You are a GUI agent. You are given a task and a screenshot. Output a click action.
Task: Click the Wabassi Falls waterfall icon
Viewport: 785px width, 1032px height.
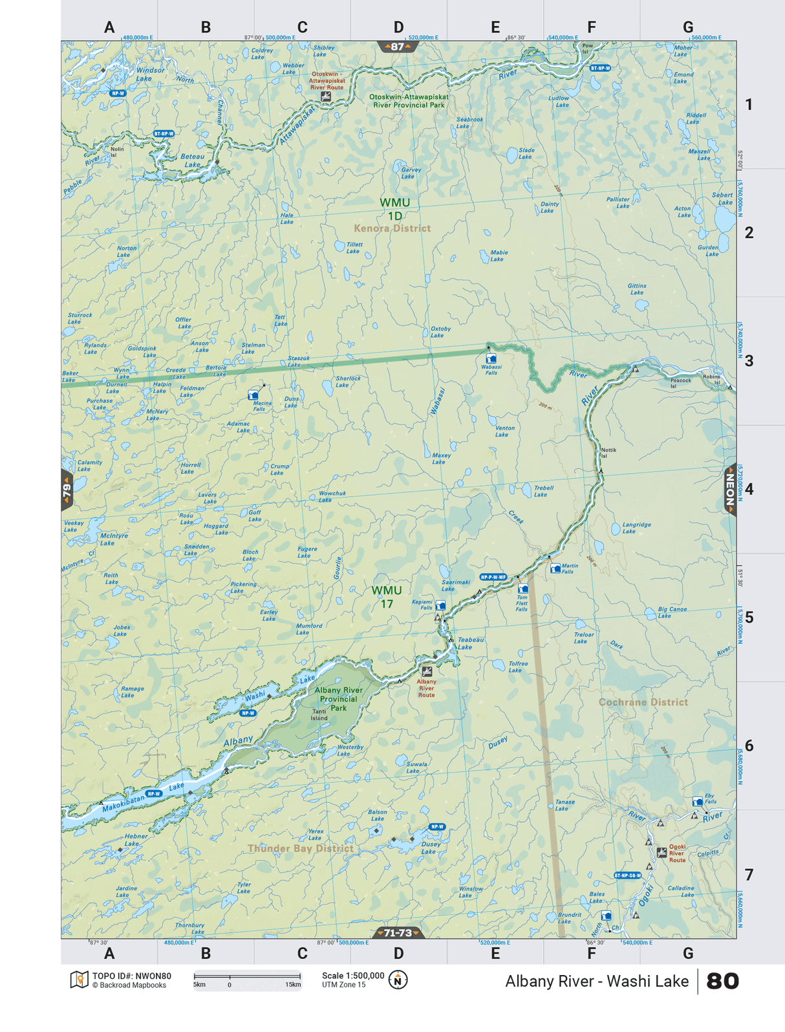[x=491, y=358]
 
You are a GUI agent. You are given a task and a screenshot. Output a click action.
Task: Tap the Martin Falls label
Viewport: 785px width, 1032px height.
[x=570, y=569]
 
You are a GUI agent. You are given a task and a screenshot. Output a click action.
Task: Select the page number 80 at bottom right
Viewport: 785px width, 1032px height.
[x=722, y=981]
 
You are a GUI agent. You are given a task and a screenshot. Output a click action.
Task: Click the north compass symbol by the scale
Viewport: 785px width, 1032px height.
[x=398, y=980]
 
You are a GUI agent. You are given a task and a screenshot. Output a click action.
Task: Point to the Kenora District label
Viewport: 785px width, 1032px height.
[x=392, y=228]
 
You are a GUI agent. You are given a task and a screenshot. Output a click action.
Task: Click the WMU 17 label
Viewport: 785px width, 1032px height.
[x=387, y=597]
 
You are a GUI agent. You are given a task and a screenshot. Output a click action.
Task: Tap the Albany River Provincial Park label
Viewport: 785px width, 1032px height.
[x=338, y=699]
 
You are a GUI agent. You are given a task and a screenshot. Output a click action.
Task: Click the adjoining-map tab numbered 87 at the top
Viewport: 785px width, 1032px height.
[x=397, y=47]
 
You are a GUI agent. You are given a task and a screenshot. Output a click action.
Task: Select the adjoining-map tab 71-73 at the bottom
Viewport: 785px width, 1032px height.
[x=398, y=932]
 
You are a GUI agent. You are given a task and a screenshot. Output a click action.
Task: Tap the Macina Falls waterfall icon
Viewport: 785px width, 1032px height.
[x=253, y=395]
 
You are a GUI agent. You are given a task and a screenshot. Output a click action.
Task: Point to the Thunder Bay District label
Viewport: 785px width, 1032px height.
[x=301, y=848]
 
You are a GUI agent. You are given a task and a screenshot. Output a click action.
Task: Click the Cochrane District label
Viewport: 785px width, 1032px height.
[x=643, y=702]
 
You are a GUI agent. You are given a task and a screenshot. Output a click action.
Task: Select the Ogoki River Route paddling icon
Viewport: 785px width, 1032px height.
[x=661, y=853]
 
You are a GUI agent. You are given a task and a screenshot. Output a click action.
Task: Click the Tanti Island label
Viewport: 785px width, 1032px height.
[x=319, y=714]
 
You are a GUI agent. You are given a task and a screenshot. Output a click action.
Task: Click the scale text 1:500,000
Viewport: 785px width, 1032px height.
[x=353, y=976]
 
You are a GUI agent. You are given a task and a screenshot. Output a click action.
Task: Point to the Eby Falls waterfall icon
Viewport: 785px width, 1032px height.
[x=697, y=802]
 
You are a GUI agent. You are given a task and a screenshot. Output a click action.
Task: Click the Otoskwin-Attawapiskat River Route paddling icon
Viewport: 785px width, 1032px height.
[x=326, y=96]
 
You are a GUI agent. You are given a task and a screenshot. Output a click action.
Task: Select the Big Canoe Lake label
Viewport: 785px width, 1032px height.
[x=672, y=612]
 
